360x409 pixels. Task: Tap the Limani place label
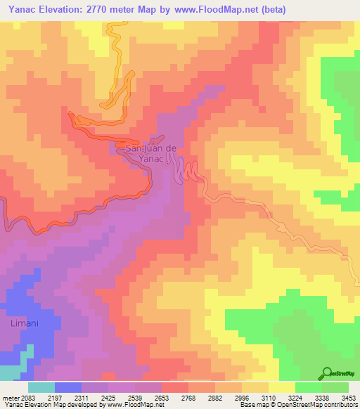(25, 323)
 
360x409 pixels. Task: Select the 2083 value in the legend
(27, 397)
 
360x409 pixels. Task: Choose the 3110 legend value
(269, 397)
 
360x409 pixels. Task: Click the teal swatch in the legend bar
(41, 387)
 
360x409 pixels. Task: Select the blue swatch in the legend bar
(67, 387)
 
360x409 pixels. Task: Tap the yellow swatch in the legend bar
(281, 387)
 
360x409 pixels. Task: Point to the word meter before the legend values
(10, 397)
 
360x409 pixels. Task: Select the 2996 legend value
(229, 397)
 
